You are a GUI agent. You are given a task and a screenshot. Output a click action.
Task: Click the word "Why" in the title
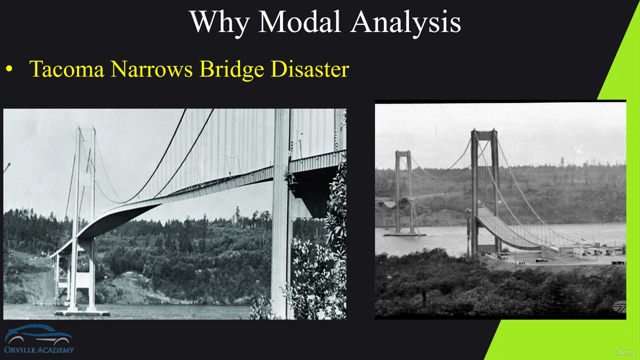pos(219,23)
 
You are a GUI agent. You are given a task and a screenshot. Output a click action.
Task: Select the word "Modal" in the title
pos(299,21)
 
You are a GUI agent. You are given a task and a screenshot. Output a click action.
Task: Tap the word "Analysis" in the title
pos(405,23)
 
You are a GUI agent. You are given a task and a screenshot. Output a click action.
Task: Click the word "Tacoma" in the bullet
pos(66,69)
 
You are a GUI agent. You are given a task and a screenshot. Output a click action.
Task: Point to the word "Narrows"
pos(151,69)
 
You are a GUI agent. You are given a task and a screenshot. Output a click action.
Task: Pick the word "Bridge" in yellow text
pos(231,70)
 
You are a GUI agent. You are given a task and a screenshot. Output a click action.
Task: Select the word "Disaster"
pos(310,69)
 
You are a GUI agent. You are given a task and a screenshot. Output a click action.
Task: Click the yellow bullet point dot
pos(9,69)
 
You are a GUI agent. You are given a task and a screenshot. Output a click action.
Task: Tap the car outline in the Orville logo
pos(39,334)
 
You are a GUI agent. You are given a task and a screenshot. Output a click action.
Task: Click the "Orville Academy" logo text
pos(39,350)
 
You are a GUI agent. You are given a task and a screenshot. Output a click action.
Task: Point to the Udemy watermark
pos(624,352)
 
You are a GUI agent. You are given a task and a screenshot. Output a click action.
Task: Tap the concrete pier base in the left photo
pos(82,313)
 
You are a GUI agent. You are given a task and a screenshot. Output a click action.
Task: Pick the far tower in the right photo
pos(403,192)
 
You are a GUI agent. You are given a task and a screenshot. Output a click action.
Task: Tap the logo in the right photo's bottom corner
pos(619,307)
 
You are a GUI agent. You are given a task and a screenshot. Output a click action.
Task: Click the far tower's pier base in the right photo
pos(404,234)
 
